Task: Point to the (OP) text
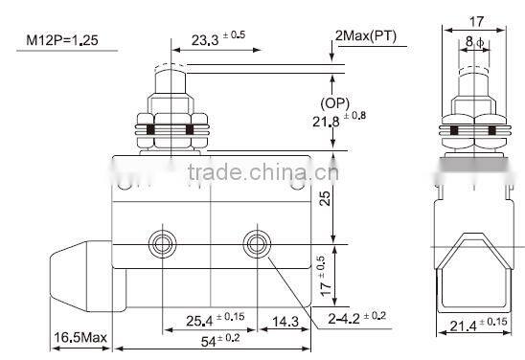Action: [x=361, y=101]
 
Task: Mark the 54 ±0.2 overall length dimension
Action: [x=218, y=339]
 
